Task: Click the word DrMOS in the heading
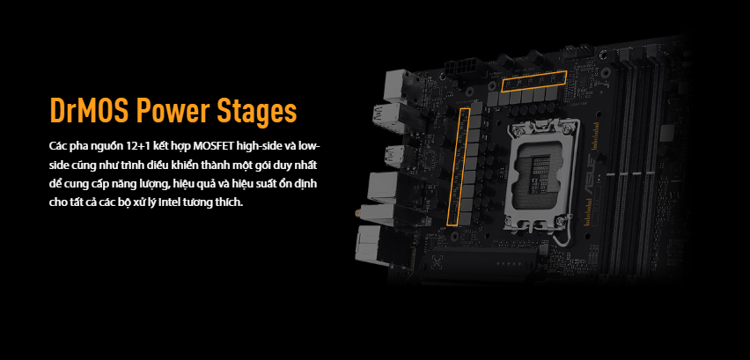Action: tap(90, 111)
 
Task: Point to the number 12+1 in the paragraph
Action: tap(129, 145)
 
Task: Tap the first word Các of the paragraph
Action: tap(56, 145)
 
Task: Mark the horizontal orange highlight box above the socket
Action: tap(533, 81)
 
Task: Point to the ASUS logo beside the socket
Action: tap(588, 178)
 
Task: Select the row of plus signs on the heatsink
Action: tap(508, 263)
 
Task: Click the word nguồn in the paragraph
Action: tap(102, 146)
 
